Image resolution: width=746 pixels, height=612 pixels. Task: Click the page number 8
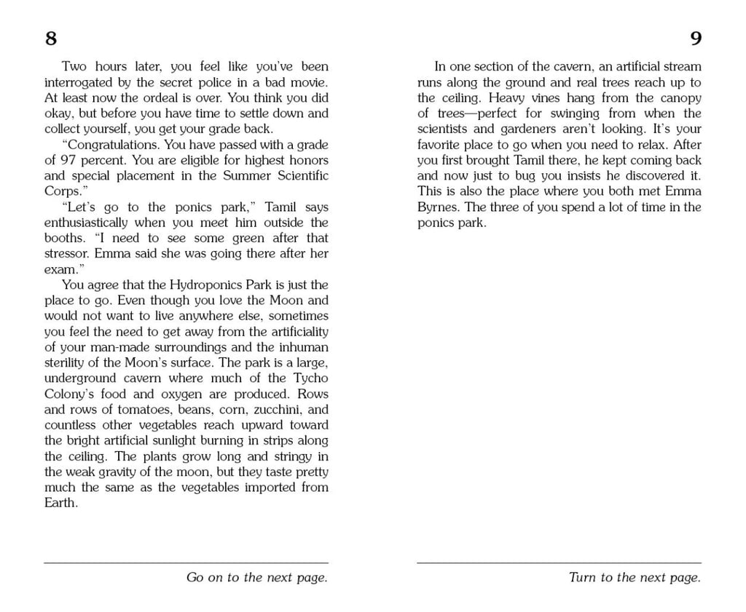[51, 39]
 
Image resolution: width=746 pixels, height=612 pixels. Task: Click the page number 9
[695, 39]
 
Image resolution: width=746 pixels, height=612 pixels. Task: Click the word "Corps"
[60, 191]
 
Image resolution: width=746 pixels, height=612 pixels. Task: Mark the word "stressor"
[67, 254]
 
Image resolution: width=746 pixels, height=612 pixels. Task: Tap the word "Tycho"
[310, 378]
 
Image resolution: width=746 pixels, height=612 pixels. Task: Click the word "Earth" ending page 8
[60, 503]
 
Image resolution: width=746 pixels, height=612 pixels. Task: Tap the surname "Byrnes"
[439, 207]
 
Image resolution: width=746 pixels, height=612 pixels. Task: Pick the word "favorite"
[441, 145]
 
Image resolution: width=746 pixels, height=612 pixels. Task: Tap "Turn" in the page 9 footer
[582, 578]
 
